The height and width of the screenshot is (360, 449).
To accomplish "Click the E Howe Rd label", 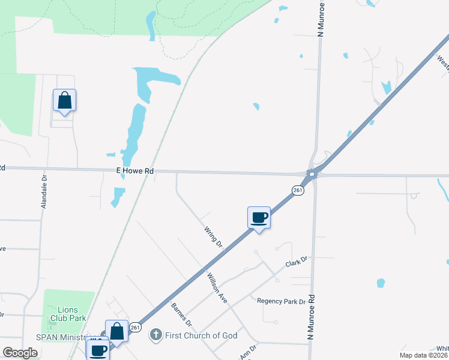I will (135, 171).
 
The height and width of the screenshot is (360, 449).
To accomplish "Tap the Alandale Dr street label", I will (44, 192).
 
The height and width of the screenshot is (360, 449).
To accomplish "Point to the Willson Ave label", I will (217, 287).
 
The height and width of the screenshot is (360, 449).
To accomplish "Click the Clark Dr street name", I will (296, 262).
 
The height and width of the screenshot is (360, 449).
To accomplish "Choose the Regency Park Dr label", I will (281, 301).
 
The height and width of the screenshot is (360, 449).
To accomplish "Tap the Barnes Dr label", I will (181, 314).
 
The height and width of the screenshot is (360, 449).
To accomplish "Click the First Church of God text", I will (201, 335).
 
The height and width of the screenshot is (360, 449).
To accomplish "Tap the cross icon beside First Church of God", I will (155, 335).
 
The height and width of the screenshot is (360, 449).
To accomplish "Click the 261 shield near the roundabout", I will (298, 190).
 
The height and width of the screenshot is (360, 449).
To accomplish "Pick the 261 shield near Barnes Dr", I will (136, 327).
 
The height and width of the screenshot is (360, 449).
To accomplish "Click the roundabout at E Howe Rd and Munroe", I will (311, 175).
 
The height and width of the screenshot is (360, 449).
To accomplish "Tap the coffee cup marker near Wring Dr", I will (259, 217).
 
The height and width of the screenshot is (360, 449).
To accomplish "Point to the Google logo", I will (20, 353).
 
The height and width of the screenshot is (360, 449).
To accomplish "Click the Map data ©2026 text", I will (424, 355).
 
